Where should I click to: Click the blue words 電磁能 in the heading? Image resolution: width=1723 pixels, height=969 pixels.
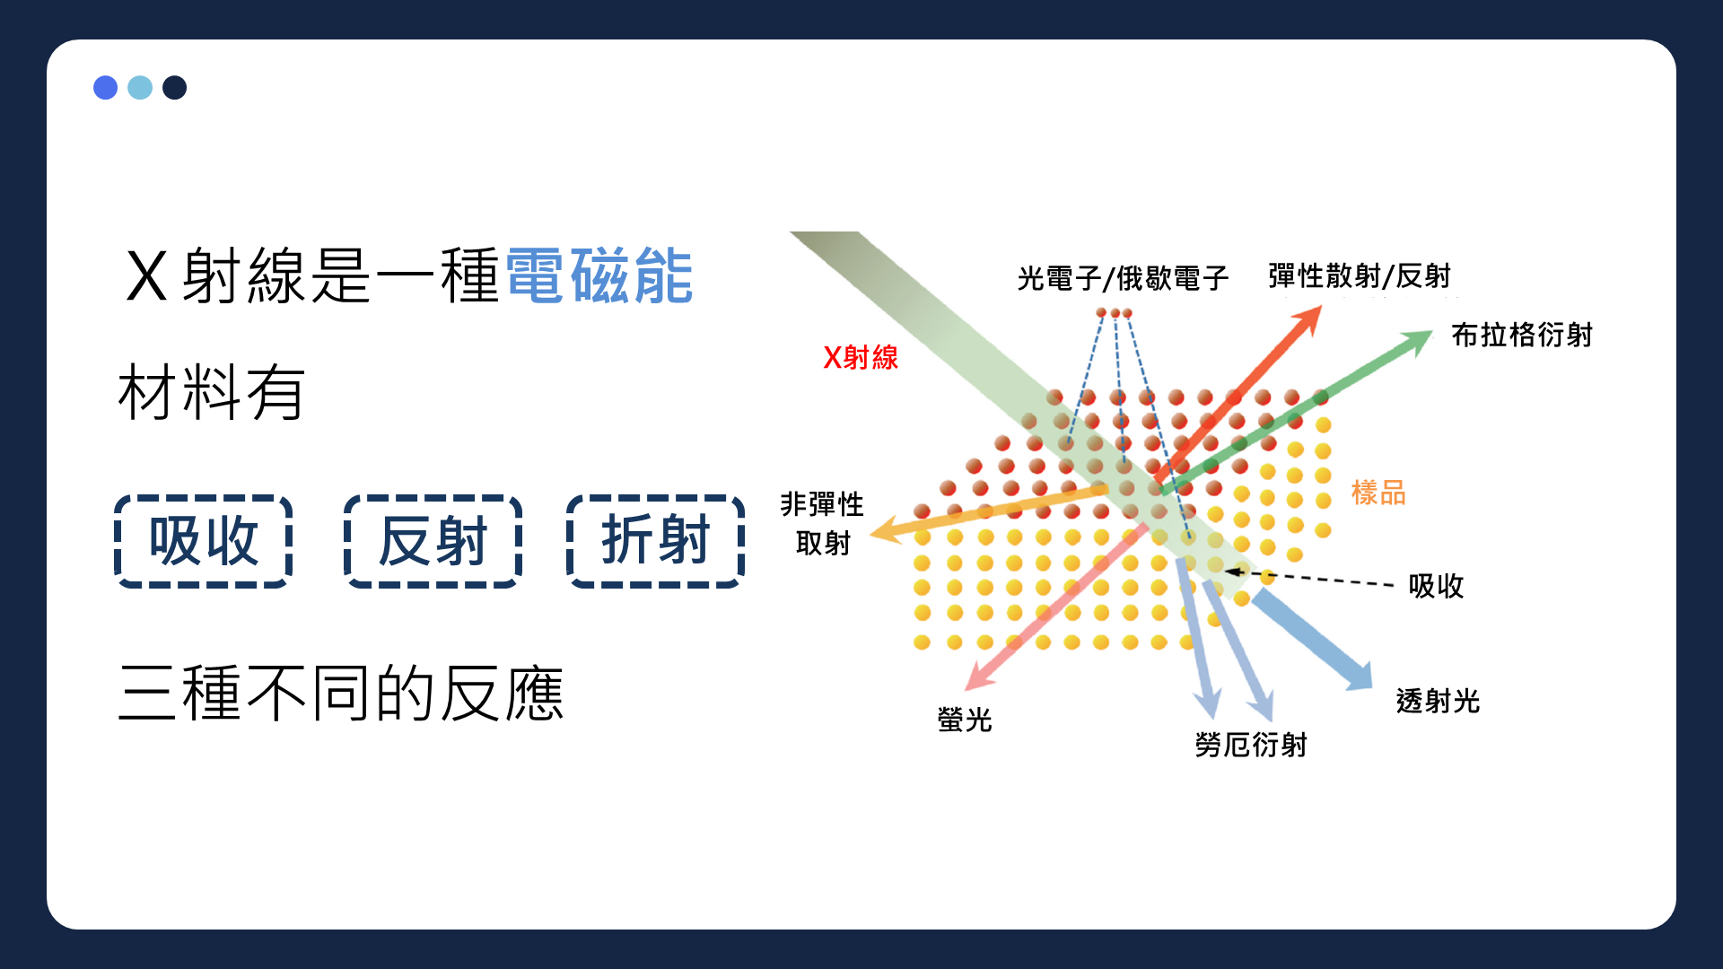point(599,275)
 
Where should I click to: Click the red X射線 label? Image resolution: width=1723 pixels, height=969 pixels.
point(861,357)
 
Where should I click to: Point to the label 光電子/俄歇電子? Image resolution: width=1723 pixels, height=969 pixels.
point(1123,278)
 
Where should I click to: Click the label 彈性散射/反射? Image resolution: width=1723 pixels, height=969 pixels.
point(1360,275)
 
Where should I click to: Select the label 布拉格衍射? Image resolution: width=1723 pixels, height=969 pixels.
point(1522,335)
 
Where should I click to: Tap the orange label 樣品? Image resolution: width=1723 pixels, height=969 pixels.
point(1378,493)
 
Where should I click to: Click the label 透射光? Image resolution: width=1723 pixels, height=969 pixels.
point(1438,701)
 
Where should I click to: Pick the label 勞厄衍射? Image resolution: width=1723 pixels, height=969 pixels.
point(1251,745)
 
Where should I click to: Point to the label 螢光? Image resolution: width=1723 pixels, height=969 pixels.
point(965,720)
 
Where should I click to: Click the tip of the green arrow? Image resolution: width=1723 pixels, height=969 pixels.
point(1433,331)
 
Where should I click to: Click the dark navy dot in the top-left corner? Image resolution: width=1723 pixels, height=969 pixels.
point(175,87)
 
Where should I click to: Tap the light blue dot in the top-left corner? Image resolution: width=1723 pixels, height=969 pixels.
point(140,87)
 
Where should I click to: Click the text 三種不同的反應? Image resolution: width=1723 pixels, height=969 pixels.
point(341,694)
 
